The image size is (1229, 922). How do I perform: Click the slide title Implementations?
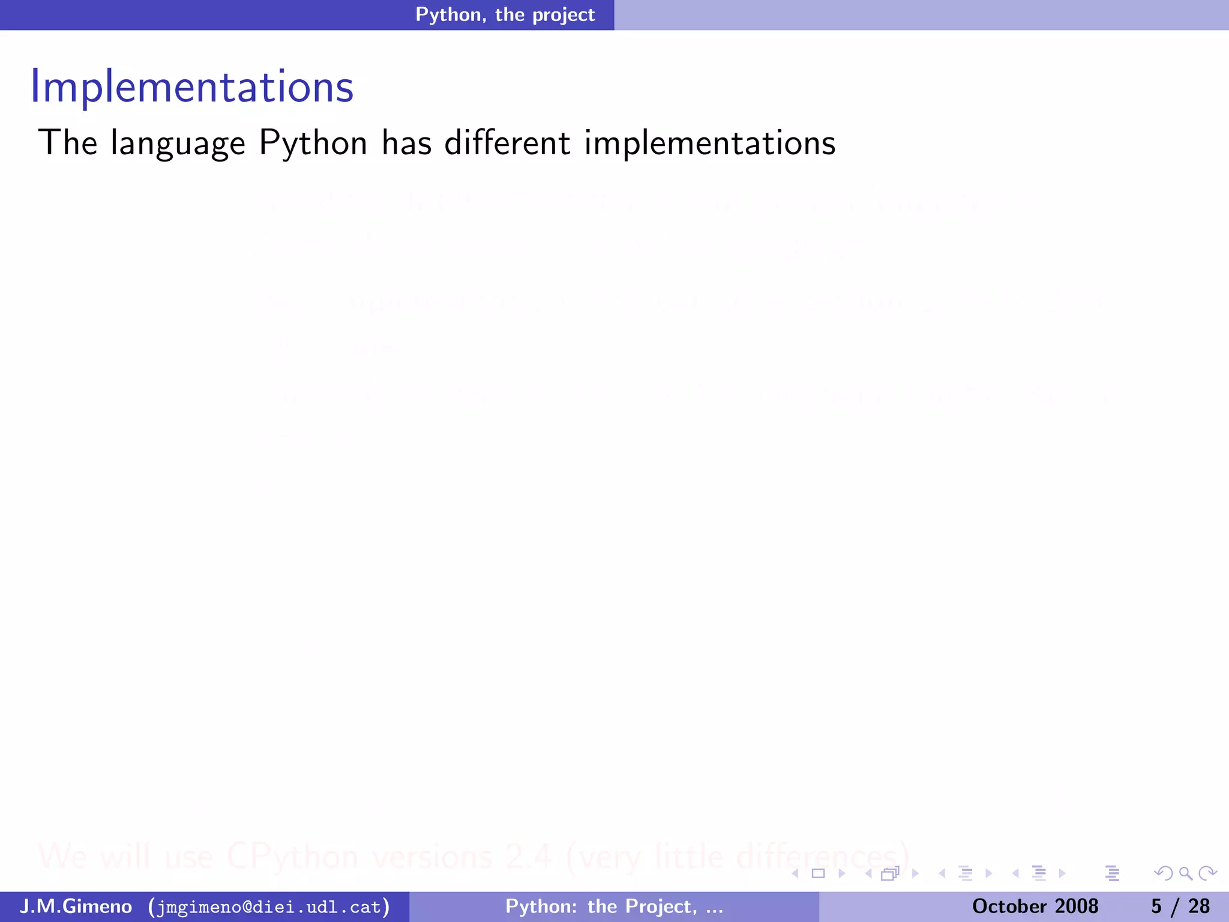pyautogui.click(x=192, y=88)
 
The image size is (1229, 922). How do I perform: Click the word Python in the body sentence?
pyautogui.click(x=313, y=144)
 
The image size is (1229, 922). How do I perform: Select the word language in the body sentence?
pyautogui.click(x=178, y=144)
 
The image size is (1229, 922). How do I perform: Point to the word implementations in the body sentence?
pyautogui.click(x=709, y=144)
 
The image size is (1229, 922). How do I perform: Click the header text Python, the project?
pyautogui.click(x=505, y=14)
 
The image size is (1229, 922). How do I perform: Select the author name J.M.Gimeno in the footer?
pyautogui.click(x=76, y=906)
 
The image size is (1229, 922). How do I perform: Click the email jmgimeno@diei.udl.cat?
pyautogui.click(x=269, y=906)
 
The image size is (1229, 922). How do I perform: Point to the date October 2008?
pyautogui.click(x=1035, y=906)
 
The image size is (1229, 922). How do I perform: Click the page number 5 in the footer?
pyautogui.click(x=1156, y=906)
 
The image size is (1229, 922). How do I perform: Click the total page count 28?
pyautogui.click(x=1199, y=906)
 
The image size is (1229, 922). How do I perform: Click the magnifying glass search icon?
pyautogui.click(x=1185, y=873)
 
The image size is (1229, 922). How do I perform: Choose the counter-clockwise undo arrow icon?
pyautogui.click(x=1164, y=873)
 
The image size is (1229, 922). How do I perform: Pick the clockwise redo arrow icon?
pyautogui.click(x=1207, y=873)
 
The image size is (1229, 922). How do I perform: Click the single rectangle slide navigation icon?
pyautogui.click(x=818, y=873)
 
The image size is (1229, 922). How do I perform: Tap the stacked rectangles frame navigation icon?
pyautogui.click(x=890, y=873)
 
